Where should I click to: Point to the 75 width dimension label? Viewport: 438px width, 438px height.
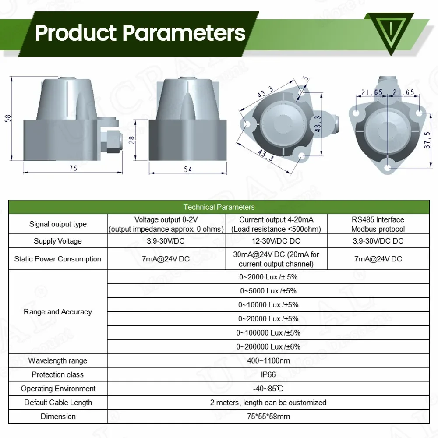pyautogui.click(x=73, y=168)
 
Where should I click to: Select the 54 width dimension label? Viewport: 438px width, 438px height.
pyautogui.click(x=187, y=169)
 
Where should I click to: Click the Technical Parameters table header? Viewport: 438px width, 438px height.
pyautogui.click(x=219, y=207)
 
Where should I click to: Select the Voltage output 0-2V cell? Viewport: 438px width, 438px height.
pyautogui.click(x=166, y=224)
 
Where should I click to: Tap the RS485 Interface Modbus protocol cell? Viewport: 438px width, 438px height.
pyautogui.click(x=378, y=224)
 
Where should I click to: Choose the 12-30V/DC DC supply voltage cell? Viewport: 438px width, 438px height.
pyautogui.click(x=276, y=241)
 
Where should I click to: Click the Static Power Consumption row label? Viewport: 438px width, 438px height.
pyautogui.click(x=58, y=259)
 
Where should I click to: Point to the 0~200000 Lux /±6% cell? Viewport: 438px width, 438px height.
pyautogui.click(x=268, y=346)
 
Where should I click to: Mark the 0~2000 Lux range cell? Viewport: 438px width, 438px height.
pyautogui.click(x=268, y=277)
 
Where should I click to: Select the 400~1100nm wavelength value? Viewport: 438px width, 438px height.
pyautogui.click(x=268, y=361)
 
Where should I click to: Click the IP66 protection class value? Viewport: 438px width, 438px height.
pyautogui.click(x=268, y=375)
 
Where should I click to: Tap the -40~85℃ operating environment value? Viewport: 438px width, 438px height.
pyautogui.click(x=268, y=389)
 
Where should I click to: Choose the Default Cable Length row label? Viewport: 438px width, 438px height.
pyautogui.click(x=58, y=403)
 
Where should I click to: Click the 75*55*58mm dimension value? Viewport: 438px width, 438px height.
pyautogui.click(x=268, y=417)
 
